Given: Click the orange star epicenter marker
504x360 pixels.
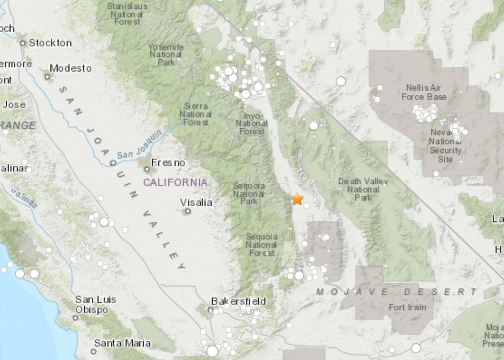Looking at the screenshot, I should point(297,199).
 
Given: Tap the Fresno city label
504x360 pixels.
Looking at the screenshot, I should point(168,162).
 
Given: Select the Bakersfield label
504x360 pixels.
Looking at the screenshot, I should point(239,301).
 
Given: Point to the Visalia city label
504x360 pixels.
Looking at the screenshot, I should point(196,202).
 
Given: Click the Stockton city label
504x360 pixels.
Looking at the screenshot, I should point(50,43).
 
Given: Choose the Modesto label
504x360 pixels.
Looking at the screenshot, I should point(70,68).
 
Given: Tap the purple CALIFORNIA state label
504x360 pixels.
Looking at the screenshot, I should point(175,182).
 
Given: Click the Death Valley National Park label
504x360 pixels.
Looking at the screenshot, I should point(363,189).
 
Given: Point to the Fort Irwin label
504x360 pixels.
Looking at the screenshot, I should point(408,307).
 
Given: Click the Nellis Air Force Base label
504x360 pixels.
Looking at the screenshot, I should point(424,92).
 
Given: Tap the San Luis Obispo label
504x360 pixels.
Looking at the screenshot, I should point(95,304).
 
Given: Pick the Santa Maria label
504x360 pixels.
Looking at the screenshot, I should point(122,343).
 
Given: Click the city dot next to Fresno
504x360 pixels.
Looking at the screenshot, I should point(147,169).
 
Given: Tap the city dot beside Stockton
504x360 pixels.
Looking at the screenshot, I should point(23,43).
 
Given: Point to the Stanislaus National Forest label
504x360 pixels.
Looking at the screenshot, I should point(127,14).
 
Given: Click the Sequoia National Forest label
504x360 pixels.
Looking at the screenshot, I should point(261,245).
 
